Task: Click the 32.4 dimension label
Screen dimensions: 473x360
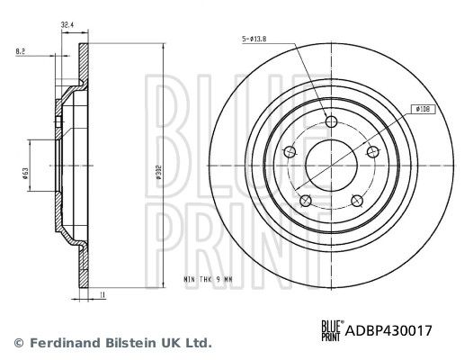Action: (67, 25)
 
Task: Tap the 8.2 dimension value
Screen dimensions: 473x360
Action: (20, 51)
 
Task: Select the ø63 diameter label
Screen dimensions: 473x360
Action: (25, 174)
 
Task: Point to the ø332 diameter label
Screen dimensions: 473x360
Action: (159, 173)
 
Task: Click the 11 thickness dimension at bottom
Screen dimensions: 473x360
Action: (103, 295)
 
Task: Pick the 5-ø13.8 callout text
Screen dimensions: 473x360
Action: (254, 39)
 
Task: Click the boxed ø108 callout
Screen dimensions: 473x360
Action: (424, 109)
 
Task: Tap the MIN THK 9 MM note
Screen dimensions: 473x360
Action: (208, 279)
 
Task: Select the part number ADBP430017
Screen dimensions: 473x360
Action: (388, 330)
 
